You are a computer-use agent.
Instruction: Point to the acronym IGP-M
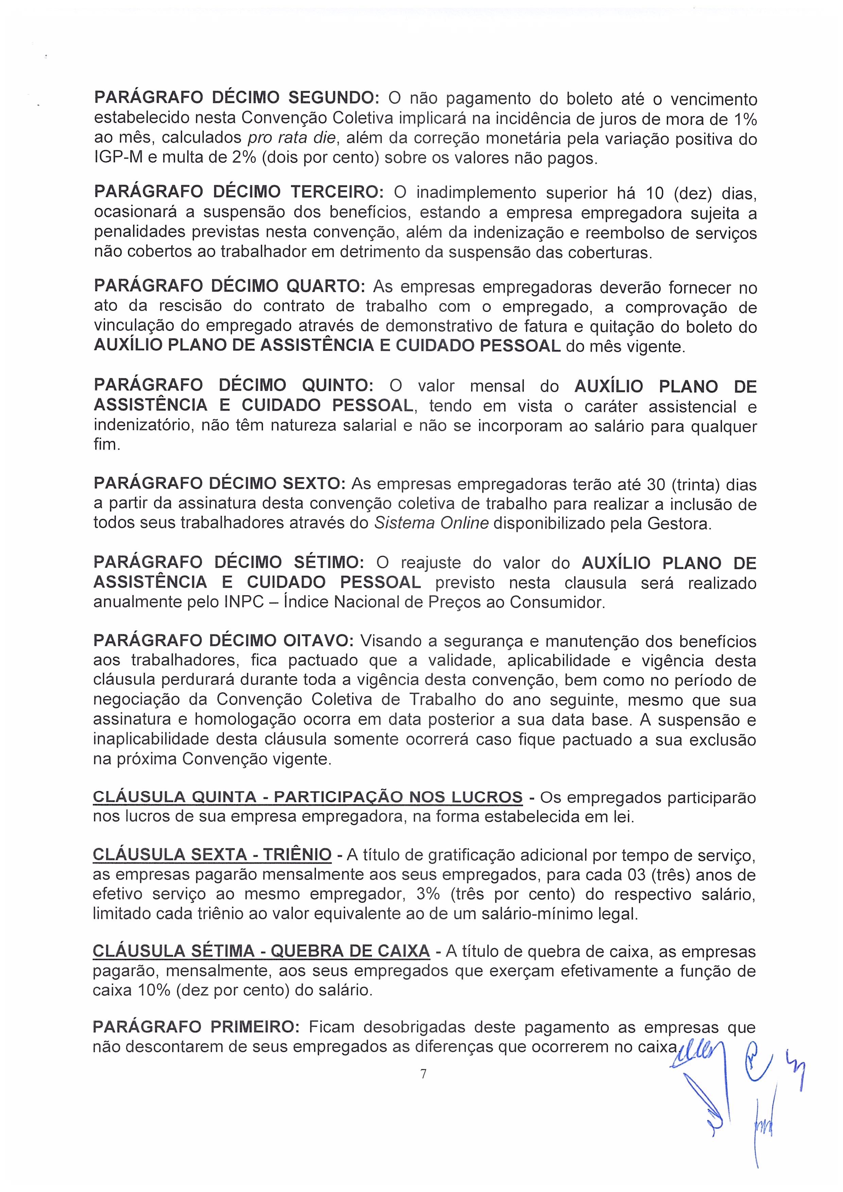(118, 158)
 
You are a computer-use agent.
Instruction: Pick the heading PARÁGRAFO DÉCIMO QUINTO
(234, 386)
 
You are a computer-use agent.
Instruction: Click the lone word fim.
(106, 445)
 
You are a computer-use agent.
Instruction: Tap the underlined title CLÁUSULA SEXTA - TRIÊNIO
(212, 855)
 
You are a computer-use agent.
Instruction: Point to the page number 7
(423, 1074)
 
